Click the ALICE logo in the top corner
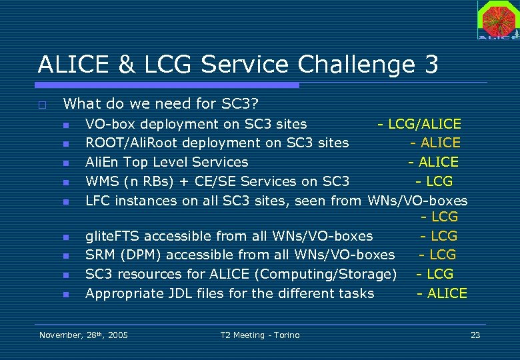click(x=497, y=20)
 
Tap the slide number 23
click(x=475, y=335)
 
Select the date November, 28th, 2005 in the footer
click(x=83, y=335)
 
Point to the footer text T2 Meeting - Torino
click(x=260, y=335)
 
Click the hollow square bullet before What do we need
click(x=42, y=105)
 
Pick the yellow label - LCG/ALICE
click(x=419, y=124)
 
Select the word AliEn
click(x=101, y=162)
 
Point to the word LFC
click(x=98, y=201)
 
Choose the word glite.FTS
click(x=113, y=236)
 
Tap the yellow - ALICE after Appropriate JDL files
click(x=442, y=293)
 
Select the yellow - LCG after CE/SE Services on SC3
click(x=434, y=181)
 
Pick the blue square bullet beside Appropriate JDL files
click(x=66, y=294)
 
